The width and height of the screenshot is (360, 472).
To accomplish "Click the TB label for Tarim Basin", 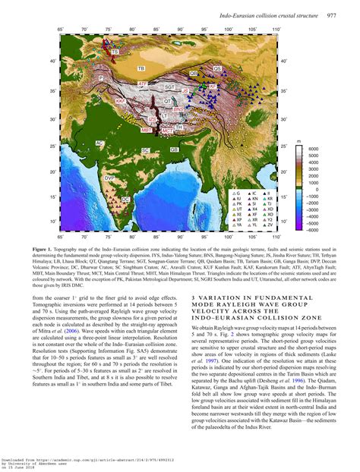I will tap(141, 69).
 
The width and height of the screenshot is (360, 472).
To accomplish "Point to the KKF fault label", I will tap(120, 101).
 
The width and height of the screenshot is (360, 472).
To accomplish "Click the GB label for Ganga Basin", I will tap(175, 150).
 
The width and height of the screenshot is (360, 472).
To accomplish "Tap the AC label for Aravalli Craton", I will tap(99, 143).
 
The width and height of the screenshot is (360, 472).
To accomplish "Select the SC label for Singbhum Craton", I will tap(145, 150).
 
